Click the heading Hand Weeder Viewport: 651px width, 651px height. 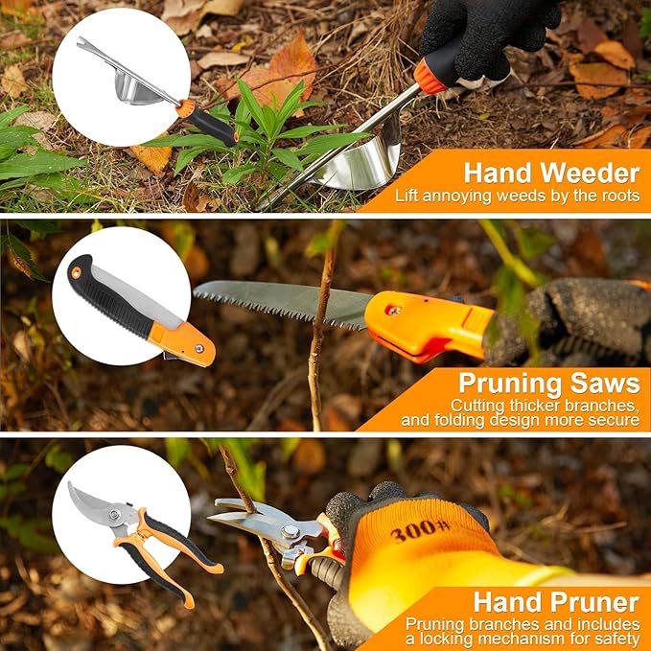point(551,174)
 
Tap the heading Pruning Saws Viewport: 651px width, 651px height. point(548,384)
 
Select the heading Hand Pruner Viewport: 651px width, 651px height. point(555,602)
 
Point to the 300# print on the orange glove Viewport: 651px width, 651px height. point(420,530)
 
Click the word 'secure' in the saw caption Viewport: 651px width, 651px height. point(612,420)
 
